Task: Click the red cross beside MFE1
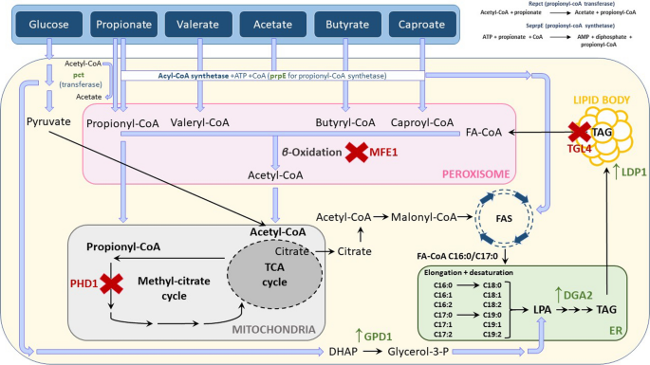click(x=357, y=150)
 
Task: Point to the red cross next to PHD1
click(x=112, y=283)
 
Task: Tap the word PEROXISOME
click(x=474, y=174)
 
